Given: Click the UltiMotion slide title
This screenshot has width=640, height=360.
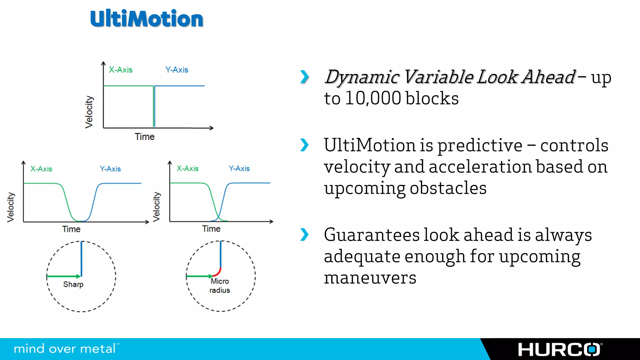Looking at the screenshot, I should (x=147, y=19).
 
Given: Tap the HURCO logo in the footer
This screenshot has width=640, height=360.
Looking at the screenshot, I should (x=559, y=350).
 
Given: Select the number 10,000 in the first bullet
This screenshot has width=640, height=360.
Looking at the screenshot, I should (x=373, y=98).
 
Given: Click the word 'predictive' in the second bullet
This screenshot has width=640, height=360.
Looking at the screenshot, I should (x=480, y=146).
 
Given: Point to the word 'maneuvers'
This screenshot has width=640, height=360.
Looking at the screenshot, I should (x=370, y=278).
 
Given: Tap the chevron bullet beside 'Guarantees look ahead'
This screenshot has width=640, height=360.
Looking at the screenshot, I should (x=304, y=235).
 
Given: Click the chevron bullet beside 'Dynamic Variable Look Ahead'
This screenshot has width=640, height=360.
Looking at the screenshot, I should (x=304, y=77).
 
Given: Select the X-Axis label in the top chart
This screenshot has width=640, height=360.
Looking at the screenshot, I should (x=121, y=70).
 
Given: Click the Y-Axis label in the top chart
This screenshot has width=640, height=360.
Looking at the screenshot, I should (x=177, y=70).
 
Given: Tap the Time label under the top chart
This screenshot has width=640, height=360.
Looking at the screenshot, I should (x=145, y=137).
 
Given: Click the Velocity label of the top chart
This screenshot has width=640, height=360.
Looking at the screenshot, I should (x=89, y=112).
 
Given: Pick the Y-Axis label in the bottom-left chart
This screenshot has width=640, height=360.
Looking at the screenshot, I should (x=110, y=169).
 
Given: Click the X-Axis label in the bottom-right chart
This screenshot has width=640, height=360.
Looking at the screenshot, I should (x=187, y=169).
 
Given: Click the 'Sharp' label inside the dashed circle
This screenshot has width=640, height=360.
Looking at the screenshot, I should (x=73, y=284).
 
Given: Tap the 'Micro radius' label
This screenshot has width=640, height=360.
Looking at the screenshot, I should (x=220, y=286).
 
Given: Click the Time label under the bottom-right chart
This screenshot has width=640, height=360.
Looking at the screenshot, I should (x=211, y=229).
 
